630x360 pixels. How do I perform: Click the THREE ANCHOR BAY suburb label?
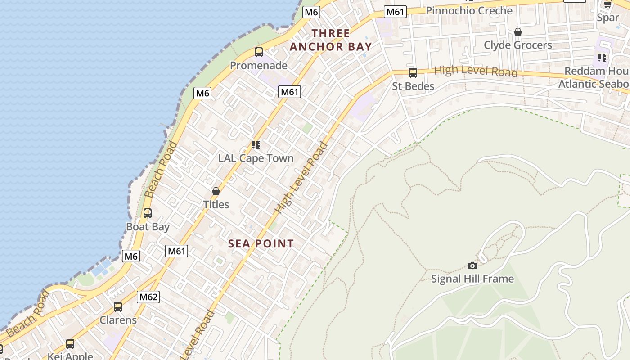(331, 40)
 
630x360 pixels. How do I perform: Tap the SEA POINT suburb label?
(261, 244)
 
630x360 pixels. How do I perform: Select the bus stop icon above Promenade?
(259, 52)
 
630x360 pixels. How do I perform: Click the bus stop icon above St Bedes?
(413, 73)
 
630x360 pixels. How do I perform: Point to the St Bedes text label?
(413, 86)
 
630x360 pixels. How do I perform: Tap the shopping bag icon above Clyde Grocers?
(518, 32)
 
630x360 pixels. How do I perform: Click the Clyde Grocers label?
(518, 45)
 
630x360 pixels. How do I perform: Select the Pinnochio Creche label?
(469, 11)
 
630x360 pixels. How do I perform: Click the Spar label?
(607, 18)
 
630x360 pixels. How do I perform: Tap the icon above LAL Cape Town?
(256, 145)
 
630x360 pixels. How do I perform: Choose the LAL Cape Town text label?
(256, 158)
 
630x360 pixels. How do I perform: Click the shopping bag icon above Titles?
(216, 191)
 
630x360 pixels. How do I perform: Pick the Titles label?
(216, 205)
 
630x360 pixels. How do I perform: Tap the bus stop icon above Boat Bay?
(148, 213)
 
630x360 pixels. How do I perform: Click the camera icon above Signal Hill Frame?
(472, 265)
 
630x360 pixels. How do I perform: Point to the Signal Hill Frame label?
(472, 279)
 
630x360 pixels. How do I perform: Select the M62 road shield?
(148, 297)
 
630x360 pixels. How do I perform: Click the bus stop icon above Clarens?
(118, 307)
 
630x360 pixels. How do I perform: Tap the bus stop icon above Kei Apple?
(70, 344)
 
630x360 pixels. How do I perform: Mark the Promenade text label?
(259, 66)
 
